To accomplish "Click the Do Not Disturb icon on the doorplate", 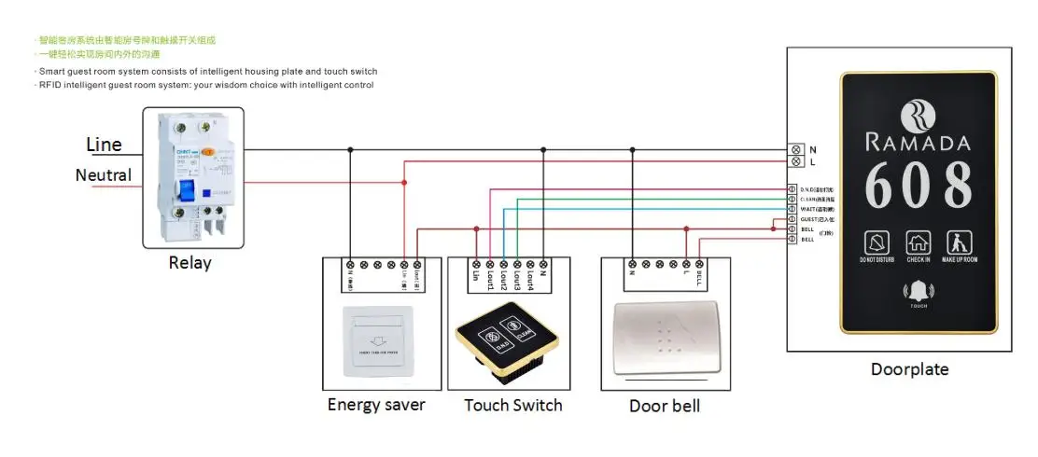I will (875, 243).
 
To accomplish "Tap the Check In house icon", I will (917, 243).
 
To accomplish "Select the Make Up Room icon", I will (959, 243).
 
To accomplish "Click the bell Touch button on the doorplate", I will (918, 291).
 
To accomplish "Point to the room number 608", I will (918, 184).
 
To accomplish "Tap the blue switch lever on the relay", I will (187, 192).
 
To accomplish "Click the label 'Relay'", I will (189, 263).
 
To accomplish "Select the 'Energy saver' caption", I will (376, 405).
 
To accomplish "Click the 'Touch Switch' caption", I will (513, 405).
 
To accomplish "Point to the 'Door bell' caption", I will (665, 406).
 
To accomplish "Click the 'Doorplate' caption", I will (909, 369).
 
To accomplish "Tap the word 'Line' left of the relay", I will (104, 145).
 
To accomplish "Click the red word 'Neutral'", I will (103, 175).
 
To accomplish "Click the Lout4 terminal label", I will (528, 280).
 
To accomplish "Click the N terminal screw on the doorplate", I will (796, 149).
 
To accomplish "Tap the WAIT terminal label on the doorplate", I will (816, 209).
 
